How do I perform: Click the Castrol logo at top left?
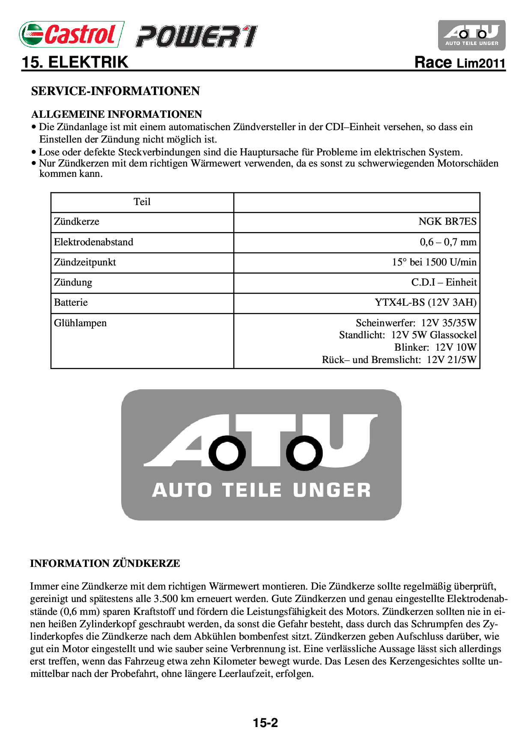coord(72,34)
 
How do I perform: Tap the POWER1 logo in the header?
coord(197,36)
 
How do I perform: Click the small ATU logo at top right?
coord(471,35)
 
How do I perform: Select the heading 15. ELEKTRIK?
coord(75,63)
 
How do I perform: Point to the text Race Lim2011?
coord(460,63)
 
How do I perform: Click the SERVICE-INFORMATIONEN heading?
coord(116,91)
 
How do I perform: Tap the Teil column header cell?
coord(142,202)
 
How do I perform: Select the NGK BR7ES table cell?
coord(447,222)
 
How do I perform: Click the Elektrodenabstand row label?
coord(93,242)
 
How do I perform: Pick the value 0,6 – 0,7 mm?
coord(448,242)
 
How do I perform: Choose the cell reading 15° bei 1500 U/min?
coord(434,262)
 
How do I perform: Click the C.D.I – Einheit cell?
coord(444,283)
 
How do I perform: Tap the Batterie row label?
coord(71,303)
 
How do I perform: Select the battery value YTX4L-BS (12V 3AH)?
coord(425,303)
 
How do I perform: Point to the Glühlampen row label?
coord(80,323)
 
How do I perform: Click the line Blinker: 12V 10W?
coord(435,347)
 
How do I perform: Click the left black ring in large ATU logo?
coord(227,453)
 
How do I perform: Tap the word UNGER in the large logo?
coord(332,490)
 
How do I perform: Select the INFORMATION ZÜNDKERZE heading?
coord(105,563)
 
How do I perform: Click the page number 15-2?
coord(265,723)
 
